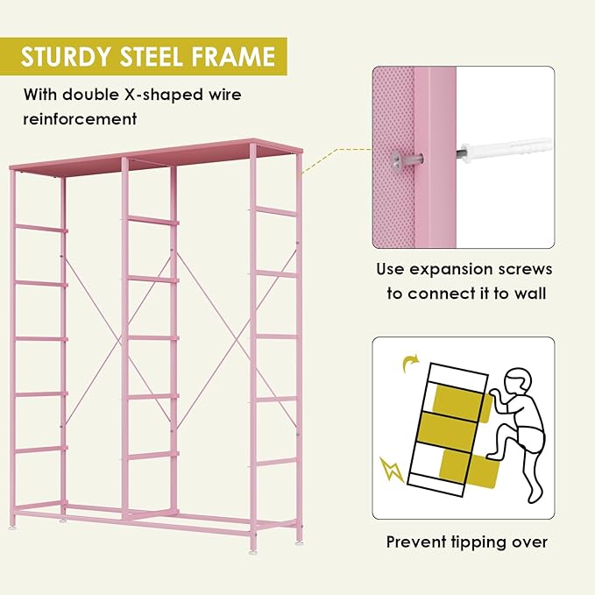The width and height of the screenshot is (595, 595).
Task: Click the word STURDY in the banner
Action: [x=65, y=57]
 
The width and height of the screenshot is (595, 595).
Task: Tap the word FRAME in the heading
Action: [x=233, y=57]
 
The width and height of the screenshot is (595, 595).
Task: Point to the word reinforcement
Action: [x=80, y=119]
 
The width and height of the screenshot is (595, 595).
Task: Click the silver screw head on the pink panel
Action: [x=398, y=159]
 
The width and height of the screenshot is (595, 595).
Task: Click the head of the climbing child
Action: [x=518, y=382]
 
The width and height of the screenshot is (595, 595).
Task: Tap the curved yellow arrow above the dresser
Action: [x=411, y=363]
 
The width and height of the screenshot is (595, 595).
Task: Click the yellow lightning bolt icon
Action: [x=392, y=469]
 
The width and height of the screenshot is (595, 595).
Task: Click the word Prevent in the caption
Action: [x=416, y=542]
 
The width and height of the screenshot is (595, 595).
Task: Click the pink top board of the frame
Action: [x=156, y=158]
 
